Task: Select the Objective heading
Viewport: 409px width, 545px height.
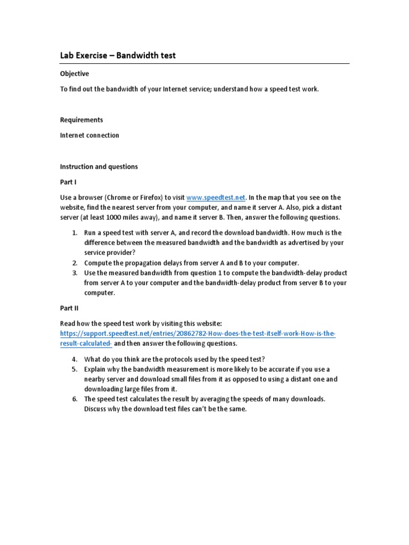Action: (74, 73)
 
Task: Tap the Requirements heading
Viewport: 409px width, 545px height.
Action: (81, 120)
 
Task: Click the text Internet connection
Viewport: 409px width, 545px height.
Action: (89, 135)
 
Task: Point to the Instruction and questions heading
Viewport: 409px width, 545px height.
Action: (99, 167)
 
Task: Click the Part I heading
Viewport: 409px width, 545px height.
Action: (68, 182)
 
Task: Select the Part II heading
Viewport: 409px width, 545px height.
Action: (69, 308)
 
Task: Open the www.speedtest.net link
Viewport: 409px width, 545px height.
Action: (216, 197)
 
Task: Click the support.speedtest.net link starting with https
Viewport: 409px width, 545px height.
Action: (197, 334)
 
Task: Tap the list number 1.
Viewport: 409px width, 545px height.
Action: (75, 233)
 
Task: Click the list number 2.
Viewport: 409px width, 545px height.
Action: (75, 263)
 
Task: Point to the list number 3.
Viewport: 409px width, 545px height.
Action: (75, 273)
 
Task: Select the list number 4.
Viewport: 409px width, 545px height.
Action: (75, 359)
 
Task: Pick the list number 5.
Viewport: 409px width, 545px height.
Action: (75, 369)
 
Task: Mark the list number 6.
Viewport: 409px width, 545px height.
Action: (75, 399)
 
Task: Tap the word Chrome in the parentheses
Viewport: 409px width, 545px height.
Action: (122, 197)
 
